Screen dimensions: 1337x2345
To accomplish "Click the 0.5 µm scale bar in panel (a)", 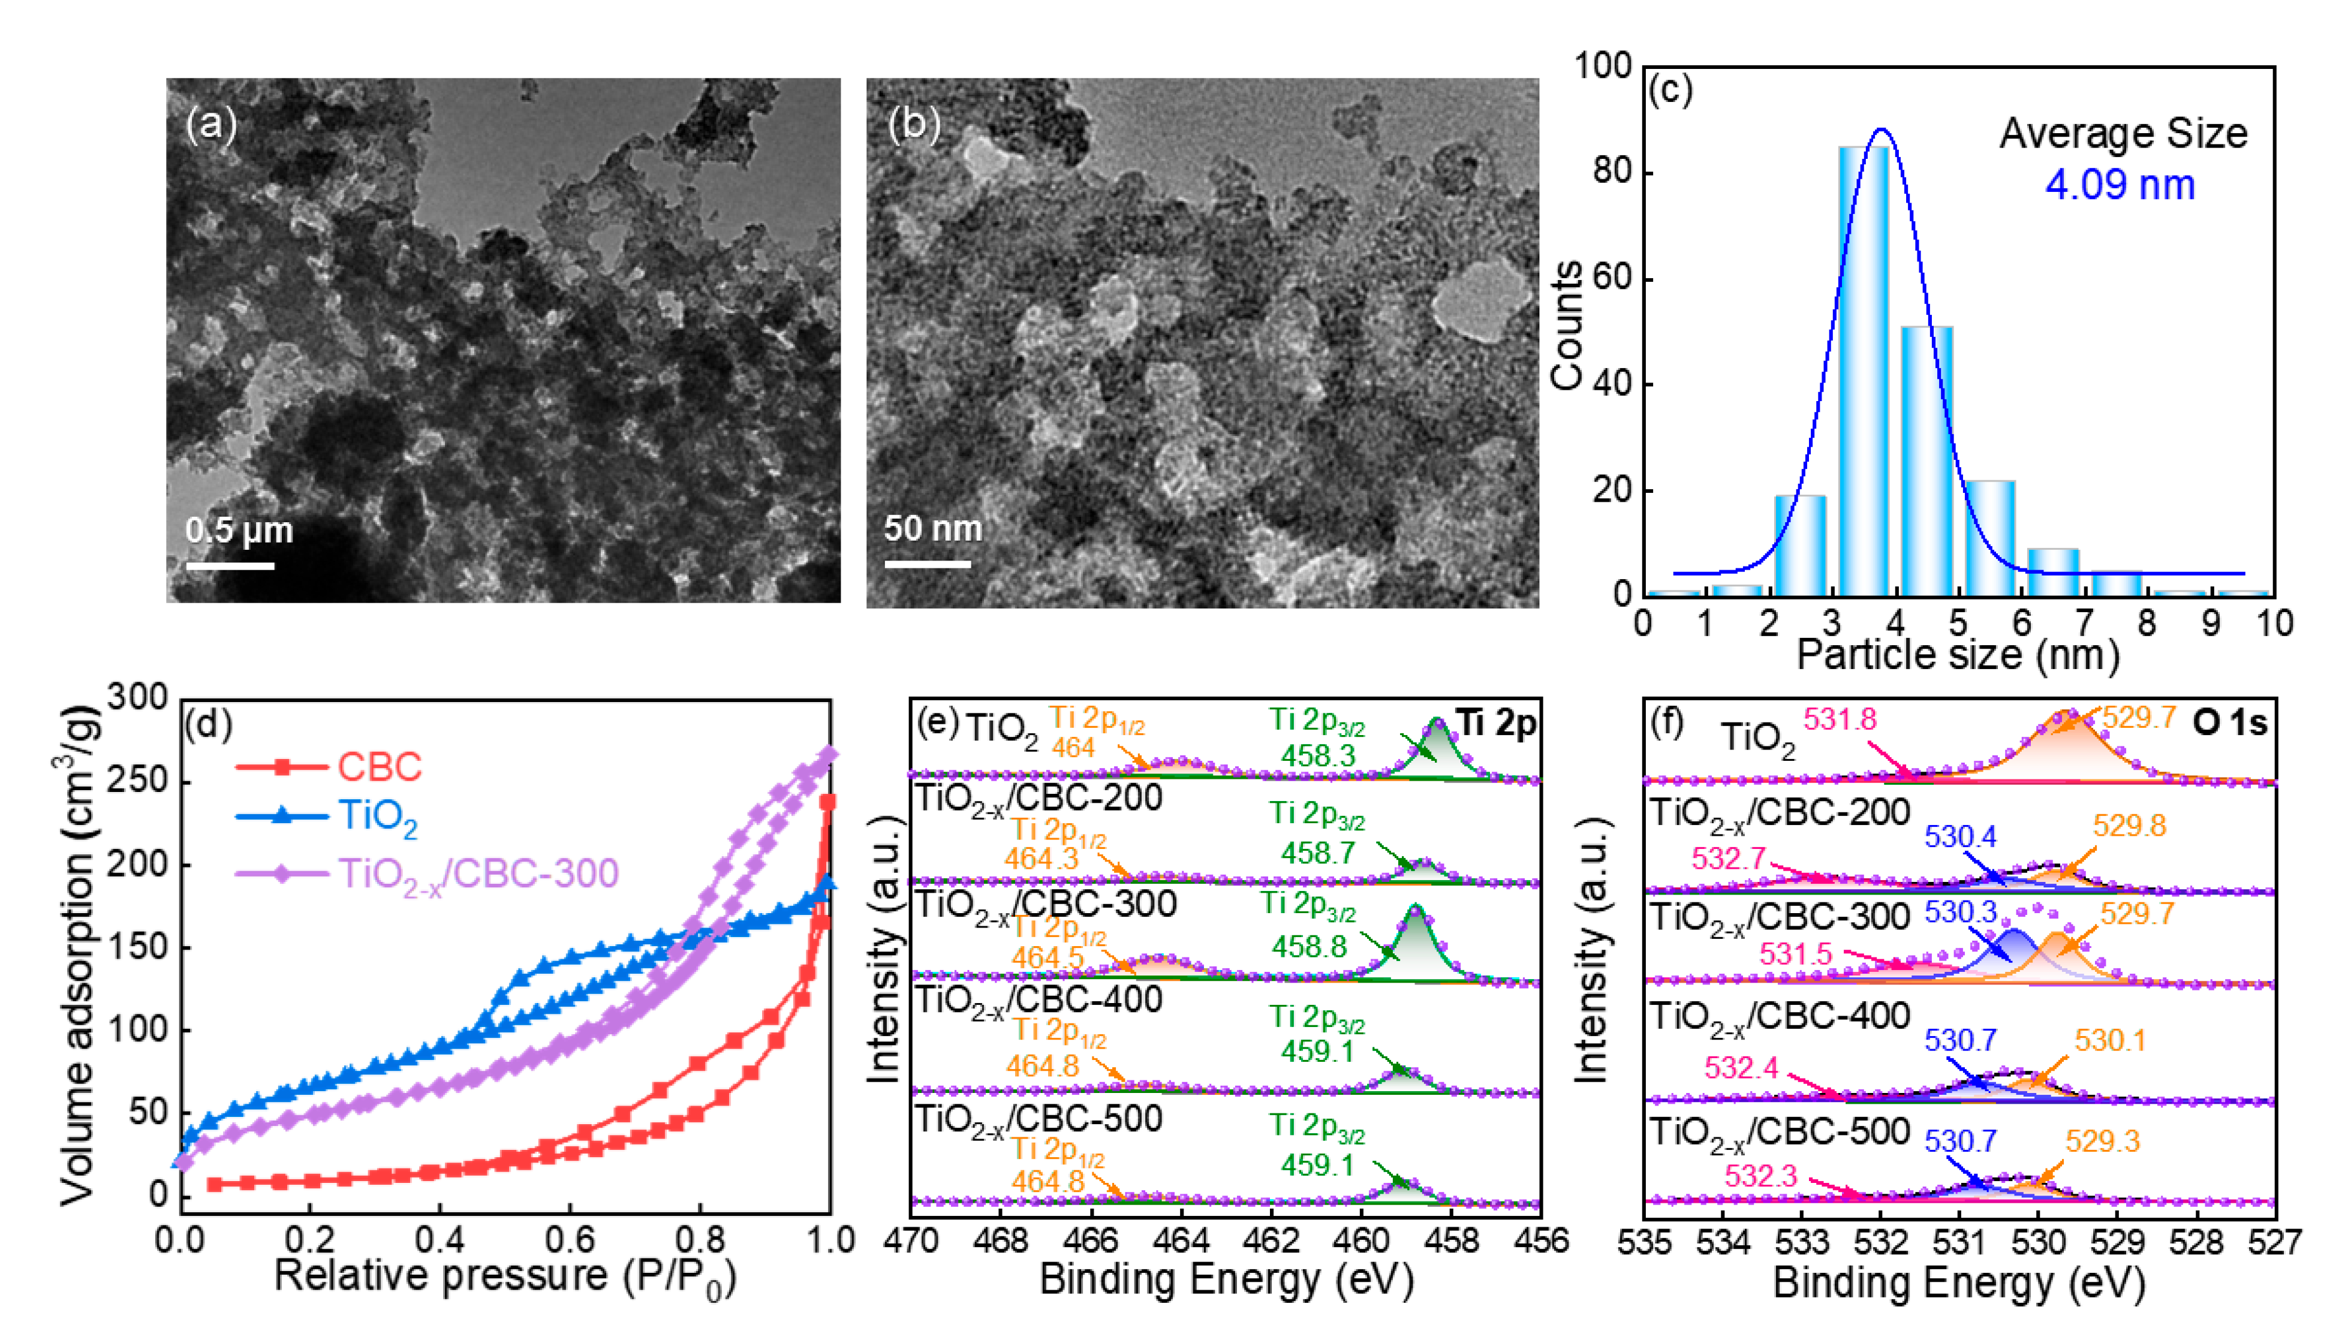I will click(230, 565).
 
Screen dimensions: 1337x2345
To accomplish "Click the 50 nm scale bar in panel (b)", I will click(928, 563).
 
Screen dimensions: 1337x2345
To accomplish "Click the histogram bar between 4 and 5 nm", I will click(1926, 459).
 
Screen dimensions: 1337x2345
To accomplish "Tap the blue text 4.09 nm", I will click(2119, 185).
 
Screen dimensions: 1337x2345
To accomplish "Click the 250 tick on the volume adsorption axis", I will click(138, 781).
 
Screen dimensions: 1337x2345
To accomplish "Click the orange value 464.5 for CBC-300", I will click(1047, 957).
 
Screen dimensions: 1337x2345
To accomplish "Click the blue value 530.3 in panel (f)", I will click(1960, 912).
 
